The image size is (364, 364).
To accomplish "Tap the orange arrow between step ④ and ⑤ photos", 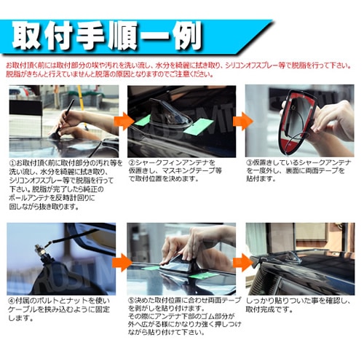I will (x=121, y=260).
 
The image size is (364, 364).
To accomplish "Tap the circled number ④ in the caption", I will (x=12, y=300).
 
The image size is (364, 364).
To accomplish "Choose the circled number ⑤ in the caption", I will (x=132, y=300).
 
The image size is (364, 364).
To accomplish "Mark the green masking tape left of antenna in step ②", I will (x=143, y=119).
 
